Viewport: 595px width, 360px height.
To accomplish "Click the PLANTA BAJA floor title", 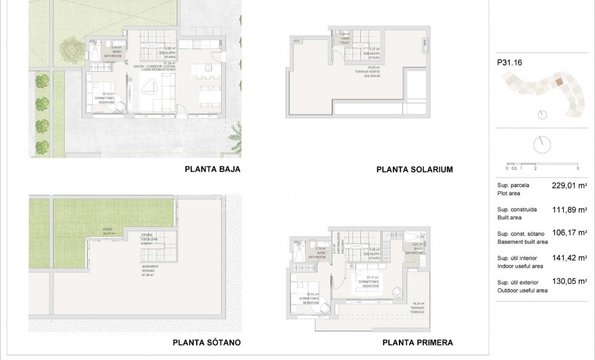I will [x=212, y=169].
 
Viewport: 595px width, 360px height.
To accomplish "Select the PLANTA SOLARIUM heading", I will [x=414, y=169].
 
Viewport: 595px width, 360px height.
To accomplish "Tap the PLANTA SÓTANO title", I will [x=206, y=342].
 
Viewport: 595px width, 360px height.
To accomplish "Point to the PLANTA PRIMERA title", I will [x=417, y=342].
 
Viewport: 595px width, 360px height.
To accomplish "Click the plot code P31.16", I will [x=508, y=62].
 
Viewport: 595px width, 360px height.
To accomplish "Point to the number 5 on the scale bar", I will [x=578, y=169].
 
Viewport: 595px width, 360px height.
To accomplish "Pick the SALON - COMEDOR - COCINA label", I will [x=155, y=67].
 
